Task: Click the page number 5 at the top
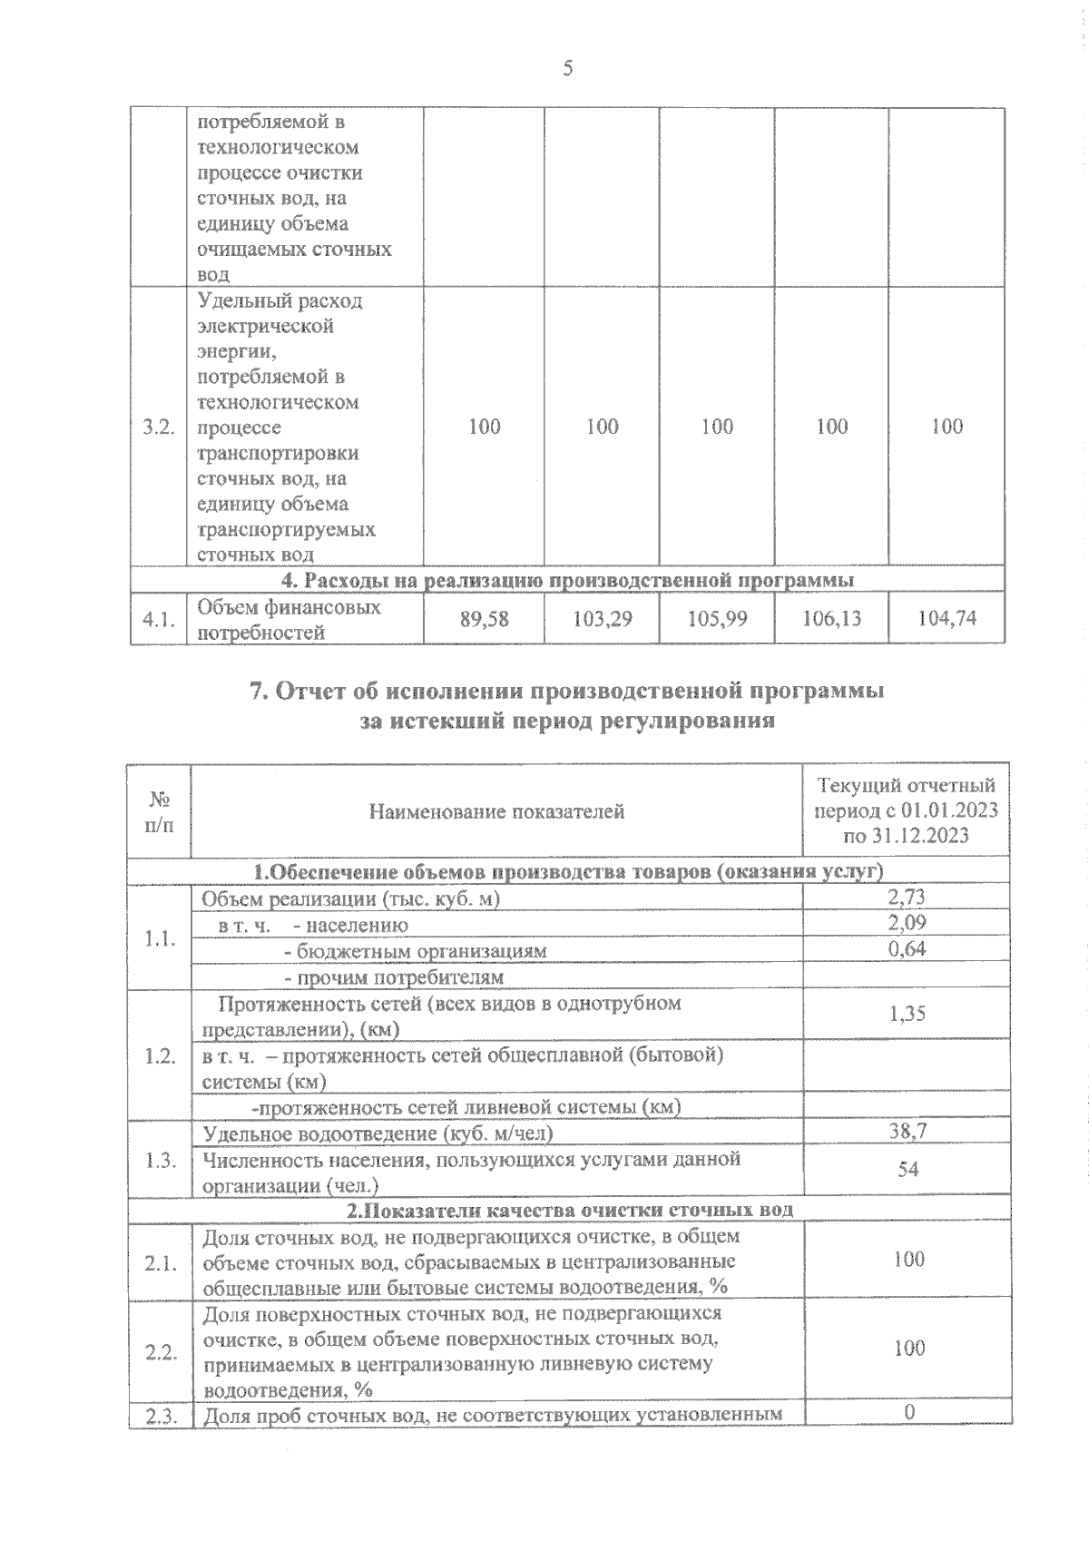click(568, 69)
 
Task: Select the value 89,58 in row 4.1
click(484, 619)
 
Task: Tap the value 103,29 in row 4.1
click(602, 619)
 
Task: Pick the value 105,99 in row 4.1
click(717, 619)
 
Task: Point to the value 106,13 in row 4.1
click(832, 619)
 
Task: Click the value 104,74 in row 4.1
click(947, 619)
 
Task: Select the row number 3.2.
click(158, 427)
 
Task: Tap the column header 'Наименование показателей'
click(496, 811)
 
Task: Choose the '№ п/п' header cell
click(160, 811)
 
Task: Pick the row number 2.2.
click(159, 1352)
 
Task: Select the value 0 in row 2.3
click(908, 1412)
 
